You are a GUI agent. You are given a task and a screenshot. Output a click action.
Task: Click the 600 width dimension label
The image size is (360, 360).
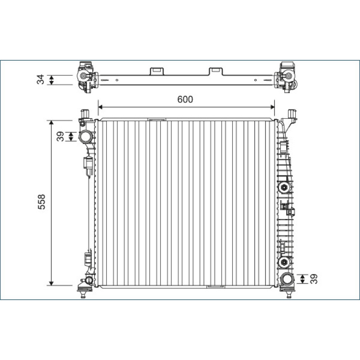pos(185,99)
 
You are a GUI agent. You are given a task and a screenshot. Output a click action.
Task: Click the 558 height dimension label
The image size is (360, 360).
pos(41,202)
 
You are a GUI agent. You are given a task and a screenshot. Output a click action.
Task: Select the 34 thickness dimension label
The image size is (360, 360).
pos(40,80)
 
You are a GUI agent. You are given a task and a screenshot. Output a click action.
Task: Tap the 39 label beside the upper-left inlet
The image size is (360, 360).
pos(60,136)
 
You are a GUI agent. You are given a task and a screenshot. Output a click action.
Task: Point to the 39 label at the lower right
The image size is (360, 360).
pos(314,279)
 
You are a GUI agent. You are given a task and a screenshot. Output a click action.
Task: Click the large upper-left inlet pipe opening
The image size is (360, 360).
pos(86,137)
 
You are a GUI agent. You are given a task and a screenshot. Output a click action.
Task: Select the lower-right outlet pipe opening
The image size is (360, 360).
pos(287,279)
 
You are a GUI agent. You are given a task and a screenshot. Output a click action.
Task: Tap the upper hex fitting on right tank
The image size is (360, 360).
pos(284,187)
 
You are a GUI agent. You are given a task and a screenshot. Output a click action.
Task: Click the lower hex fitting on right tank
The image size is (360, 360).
pos(284,262)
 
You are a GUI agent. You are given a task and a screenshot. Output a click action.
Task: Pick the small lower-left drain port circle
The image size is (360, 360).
pos(88,280)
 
